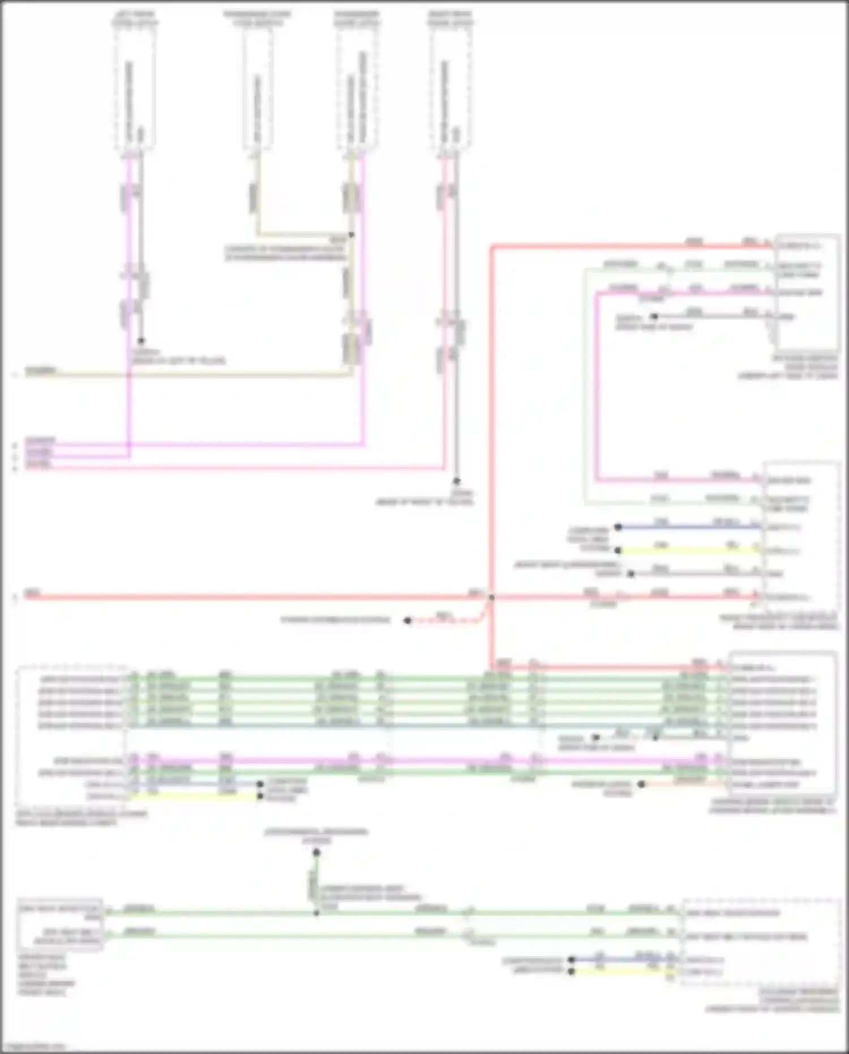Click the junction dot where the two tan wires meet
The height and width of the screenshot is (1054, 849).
(351, 234)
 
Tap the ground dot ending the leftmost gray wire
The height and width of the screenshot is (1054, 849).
(141, 341)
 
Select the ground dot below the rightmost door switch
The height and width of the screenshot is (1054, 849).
(456, 481)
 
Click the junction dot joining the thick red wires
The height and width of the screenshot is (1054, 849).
(491, 597)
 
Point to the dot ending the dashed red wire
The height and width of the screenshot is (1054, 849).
(407, 621)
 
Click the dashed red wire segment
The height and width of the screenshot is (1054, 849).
(447, 621)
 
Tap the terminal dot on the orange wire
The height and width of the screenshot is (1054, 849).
(641, 784)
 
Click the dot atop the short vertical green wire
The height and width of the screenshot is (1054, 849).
(316, 852)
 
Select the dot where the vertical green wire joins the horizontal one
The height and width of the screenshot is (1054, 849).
(316, 913)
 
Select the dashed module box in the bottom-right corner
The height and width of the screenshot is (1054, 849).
(761, 943)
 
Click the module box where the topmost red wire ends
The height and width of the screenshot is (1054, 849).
(806, 292)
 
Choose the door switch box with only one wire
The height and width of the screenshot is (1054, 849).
(258, 88)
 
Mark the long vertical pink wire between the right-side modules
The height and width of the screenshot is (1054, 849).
(596, 385)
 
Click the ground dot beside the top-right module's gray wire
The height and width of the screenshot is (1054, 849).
(654, 317)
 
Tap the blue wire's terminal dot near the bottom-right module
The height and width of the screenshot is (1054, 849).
(572, 959)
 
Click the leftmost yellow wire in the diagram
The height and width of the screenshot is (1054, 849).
(192, 796)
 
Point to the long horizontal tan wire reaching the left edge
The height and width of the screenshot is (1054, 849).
(187, 374)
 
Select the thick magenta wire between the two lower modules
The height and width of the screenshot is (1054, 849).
(430, 760)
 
